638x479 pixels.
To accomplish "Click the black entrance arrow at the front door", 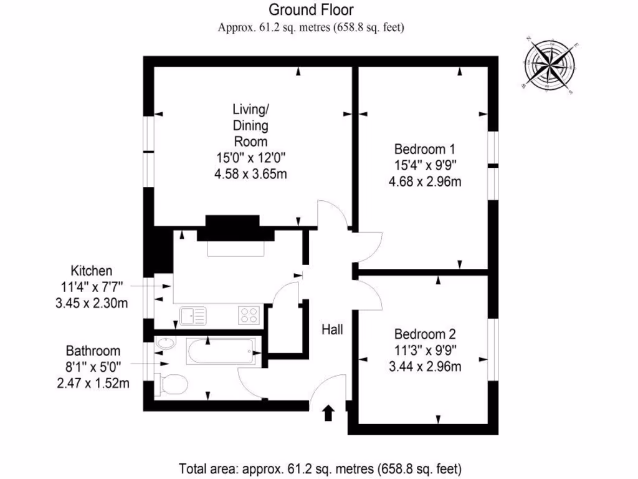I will (328, 413).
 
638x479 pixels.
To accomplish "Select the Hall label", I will (332, 329).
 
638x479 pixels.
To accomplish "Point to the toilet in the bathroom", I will (170, 384).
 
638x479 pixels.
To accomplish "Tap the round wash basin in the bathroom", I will (165, 344).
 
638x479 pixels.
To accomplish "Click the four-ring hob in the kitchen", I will (249, 316).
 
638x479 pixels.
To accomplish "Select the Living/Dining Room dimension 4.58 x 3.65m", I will (250, 174).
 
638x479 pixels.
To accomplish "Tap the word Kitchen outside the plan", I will (91, 271).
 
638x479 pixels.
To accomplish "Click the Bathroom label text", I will (93, 351).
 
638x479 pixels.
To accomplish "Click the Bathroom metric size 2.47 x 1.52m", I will (93, 383).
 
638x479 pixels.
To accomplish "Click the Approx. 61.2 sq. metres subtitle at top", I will (312, 27).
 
